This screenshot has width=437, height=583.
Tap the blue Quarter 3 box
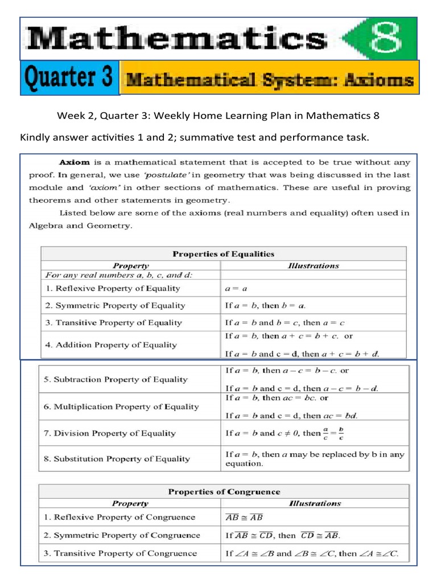(x=69, y=78)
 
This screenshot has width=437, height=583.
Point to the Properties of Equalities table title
(x=223, y=254)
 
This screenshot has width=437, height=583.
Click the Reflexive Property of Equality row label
(x=113, y=289)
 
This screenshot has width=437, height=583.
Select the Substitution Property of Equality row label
(x=122, y=458)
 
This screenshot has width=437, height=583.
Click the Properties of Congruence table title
(x=223, y=491)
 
